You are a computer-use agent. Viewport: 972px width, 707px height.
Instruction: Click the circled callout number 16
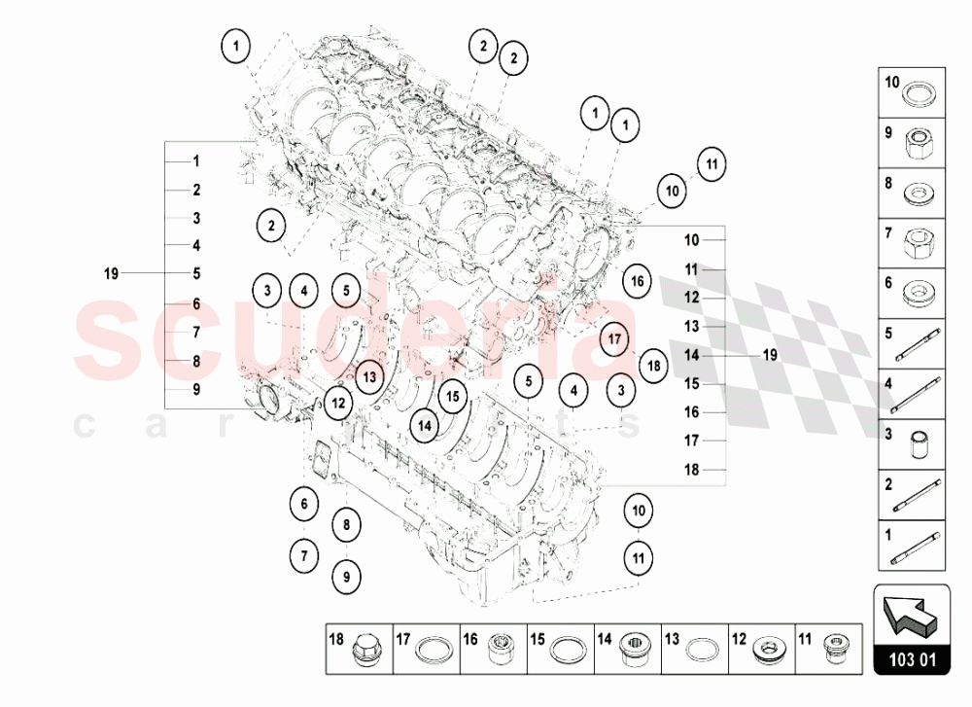(x=637, y=282)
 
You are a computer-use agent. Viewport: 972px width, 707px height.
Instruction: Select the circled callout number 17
(x=613, y=339)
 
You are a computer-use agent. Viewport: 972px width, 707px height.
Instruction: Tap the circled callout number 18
(x=653, y=366)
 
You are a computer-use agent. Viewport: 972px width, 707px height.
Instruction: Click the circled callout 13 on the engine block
(x=368, y=373)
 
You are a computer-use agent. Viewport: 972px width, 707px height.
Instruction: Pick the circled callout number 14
(x=425, y=424)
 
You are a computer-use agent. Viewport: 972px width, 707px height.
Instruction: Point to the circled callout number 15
(x=452, y=397)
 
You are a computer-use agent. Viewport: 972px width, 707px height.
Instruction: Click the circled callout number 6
(x=303, y=504)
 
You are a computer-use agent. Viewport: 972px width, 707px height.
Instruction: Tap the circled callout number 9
(x=345, y=577)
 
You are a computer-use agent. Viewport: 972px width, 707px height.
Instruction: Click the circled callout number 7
(x=303, y=556)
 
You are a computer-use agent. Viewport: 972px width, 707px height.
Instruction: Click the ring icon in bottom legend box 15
(x=568, y=649)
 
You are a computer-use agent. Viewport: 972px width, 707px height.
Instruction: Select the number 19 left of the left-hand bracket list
(x=112, y=273)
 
